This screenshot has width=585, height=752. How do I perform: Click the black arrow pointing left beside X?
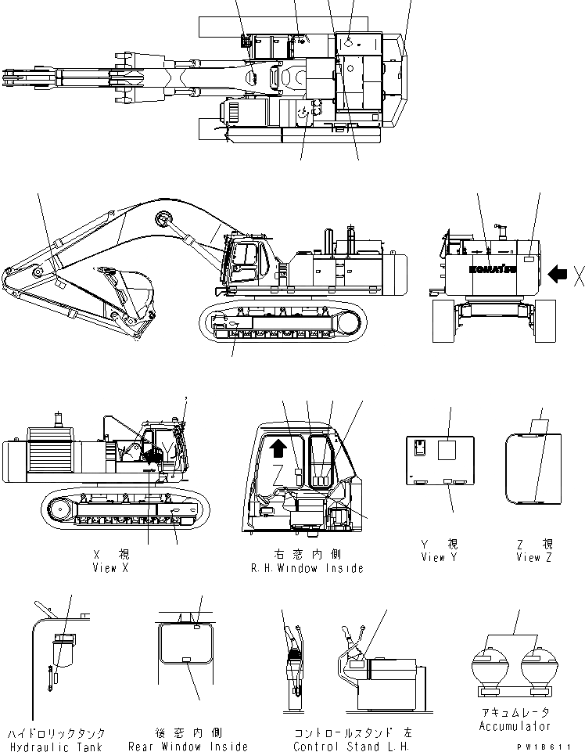click(x=558, y=274)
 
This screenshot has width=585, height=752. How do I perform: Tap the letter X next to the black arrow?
click(x=578, y=275)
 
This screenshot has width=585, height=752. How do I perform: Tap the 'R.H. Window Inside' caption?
click(x=307, y=568)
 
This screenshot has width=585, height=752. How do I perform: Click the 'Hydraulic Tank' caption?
click(x=56, y=747)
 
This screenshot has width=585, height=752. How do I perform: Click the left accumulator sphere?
click(x=490, y=667)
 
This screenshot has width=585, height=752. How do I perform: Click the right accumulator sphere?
click(x=538, y=667)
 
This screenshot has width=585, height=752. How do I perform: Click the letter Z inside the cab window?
click(x=278, y=471)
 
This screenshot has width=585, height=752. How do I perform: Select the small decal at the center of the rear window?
click(x=186, y=660)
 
